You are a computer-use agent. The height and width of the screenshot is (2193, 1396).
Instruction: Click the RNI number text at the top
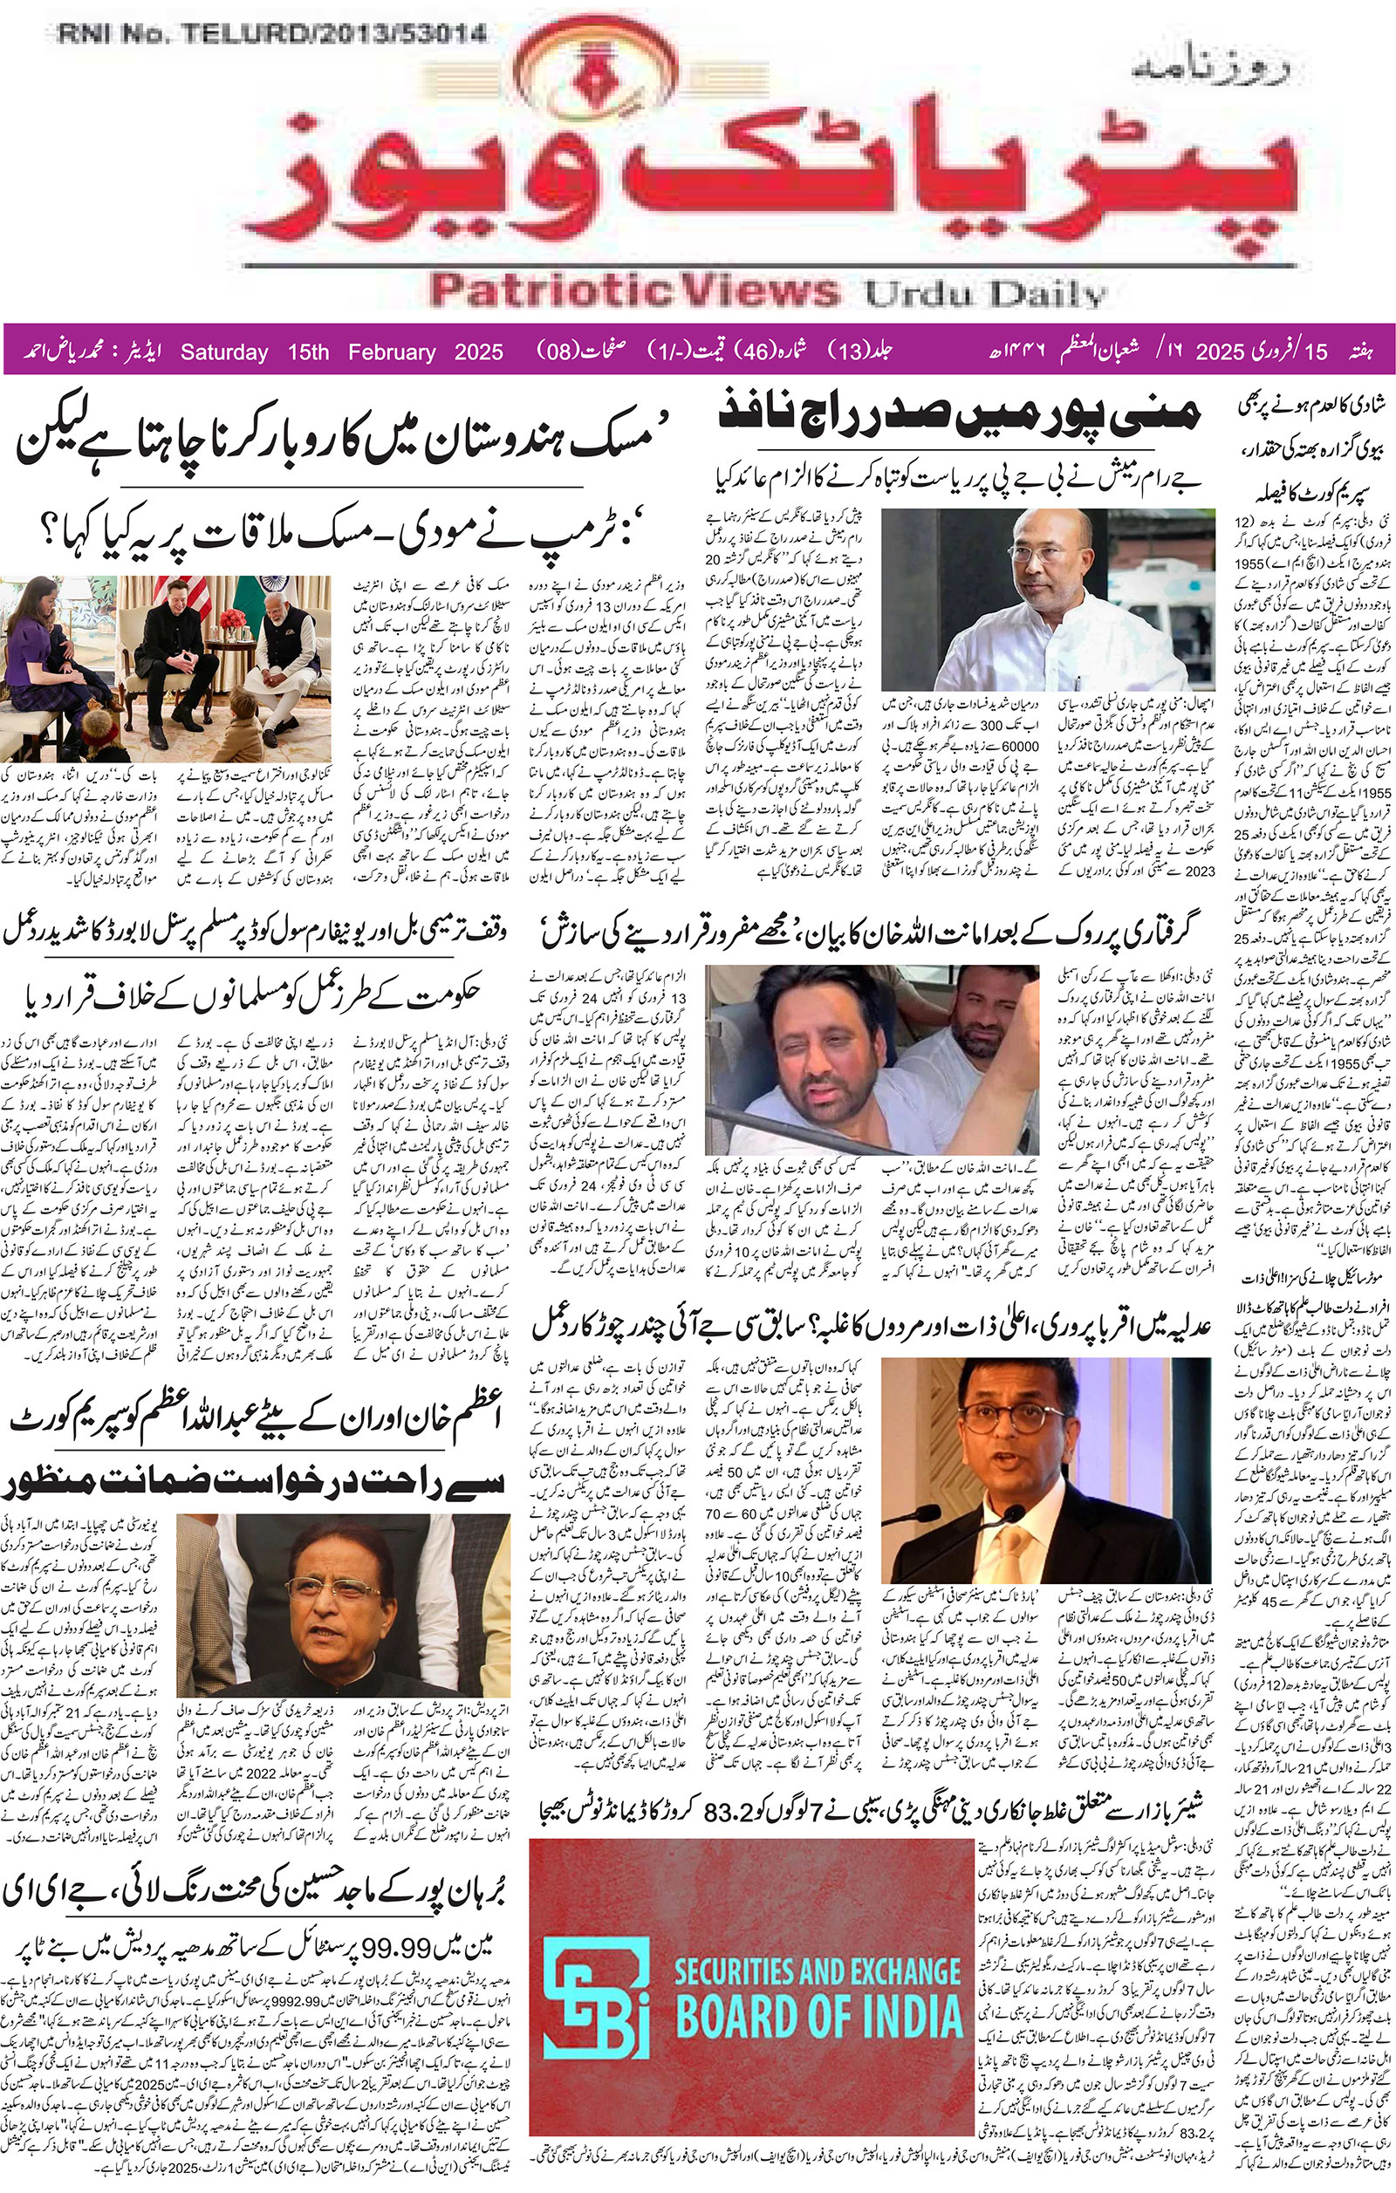[x=271, y=35]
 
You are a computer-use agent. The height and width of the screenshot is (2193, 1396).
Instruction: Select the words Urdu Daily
[x=984, y=293]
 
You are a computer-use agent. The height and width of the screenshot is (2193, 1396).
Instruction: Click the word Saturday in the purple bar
[x=224, y=352]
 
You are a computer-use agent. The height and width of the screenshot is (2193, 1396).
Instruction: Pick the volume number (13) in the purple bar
[x=849, y=351]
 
